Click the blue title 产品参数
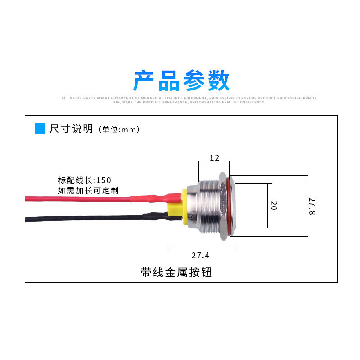point(181,81)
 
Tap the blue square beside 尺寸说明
point(40,129)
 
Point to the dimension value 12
point(214,157)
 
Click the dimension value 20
point(273,206)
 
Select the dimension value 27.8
point(312,206)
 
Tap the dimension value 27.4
point(200,256)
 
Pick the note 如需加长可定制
point(88,190)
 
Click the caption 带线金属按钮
point(176,272)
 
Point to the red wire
point(76,198)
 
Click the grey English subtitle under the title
point(189,100)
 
